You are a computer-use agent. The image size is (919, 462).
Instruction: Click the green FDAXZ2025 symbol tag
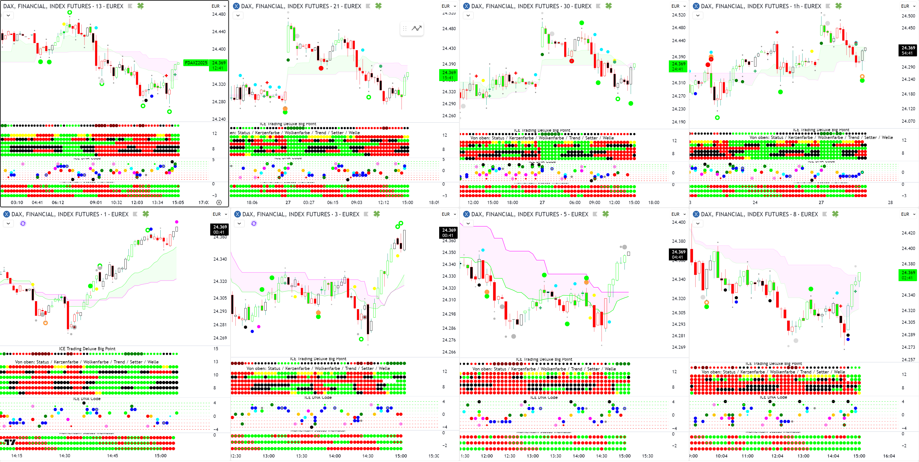196,63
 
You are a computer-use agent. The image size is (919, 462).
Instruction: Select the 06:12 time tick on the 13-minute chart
58,203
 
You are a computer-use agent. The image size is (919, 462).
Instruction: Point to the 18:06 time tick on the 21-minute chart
252,203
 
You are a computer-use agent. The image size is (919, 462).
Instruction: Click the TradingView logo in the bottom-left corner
10,442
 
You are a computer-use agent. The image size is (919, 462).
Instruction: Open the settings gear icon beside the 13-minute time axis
219,203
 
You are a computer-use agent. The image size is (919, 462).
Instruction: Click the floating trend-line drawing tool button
416,28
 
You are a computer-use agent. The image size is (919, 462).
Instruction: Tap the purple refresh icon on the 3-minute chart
254,224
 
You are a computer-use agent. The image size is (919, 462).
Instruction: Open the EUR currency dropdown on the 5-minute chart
678,214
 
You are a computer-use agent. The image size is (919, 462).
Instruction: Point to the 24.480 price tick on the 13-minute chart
219,14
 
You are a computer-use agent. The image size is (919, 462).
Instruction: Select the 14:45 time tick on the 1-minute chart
112,456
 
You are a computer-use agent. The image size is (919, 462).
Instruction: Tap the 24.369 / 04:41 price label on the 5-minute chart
678,254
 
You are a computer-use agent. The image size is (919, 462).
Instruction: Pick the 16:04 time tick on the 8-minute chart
889,456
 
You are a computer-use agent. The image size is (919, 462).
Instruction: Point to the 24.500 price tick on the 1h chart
908,16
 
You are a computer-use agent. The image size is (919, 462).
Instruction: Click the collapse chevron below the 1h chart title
698,15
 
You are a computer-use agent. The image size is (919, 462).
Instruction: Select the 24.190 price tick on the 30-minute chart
679,122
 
